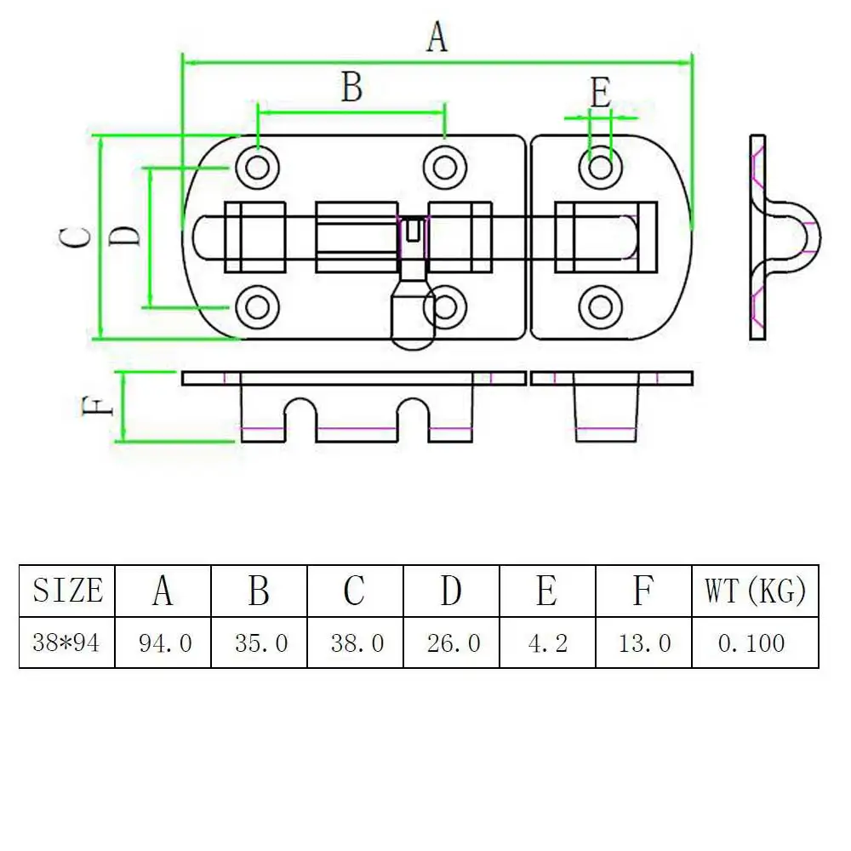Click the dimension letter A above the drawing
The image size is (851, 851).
point(437,37)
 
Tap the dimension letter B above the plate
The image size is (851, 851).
point(351,87)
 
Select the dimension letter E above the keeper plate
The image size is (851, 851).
point(600,93)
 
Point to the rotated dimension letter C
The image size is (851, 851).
point(75,237)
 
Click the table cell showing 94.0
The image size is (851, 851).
point(165,643)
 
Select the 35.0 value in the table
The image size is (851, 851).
point(261,643)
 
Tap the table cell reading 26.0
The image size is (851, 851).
point(454,643)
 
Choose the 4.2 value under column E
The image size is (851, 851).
point(547,643)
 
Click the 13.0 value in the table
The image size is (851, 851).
point(645,643)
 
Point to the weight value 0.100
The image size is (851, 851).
point(751,643)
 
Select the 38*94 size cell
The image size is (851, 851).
point(66,643)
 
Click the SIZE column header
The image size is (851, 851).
point(68,590)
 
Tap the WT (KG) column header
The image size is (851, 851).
point(755,591)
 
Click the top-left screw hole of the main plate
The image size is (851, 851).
point(258,167)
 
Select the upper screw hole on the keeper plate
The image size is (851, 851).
point(600,167)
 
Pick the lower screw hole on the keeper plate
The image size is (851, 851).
point(600,307)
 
